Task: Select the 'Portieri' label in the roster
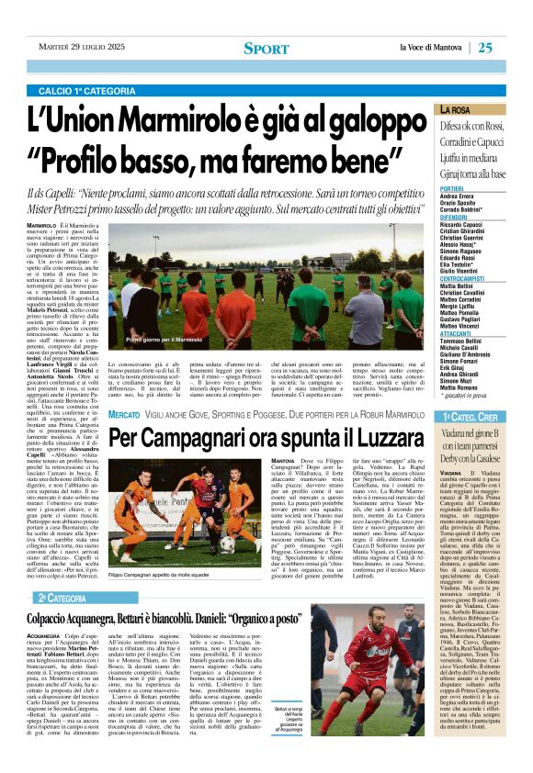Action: pyautogui.click(x=426, y=188)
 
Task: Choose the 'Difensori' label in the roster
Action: pyautogui.click(x=428, y=218)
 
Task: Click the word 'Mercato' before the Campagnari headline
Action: pyautogui.click(x=125, y=416)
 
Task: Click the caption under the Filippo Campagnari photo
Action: pyautogui.click(x=163, y=576)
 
